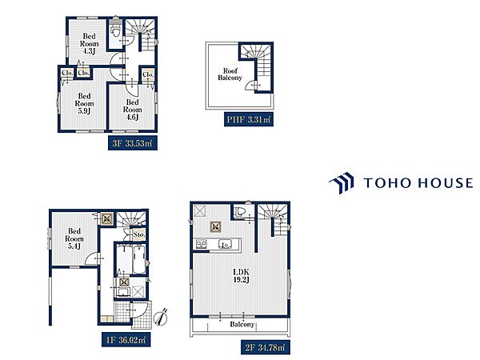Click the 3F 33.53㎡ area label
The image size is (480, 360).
pos(133,143)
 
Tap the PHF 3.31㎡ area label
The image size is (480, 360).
pos(248,119)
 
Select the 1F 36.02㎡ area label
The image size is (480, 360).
pos(126,339)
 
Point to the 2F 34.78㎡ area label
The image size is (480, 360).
pos(266,347)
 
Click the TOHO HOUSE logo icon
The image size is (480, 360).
pos(342,182)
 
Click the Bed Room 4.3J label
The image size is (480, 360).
pos(89,44)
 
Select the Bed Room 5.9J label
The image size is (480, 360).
pos(84,103)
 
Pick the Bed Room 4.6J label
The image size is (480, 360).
pos(133,110)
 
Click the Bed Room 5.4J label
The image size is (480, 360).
pos(74,238)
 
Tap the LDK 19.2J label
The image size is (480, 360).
pos(242,275)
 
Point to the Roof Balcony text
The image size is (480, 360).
pos(230,74)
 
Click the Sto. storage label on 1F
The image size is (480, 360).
pos(139,234)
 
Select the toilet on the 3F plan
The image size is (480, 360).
pos(116,30)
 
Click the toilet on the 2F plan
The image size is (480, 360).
pos(240,211)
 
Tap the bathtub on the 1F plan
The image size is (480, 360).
pos(139,259)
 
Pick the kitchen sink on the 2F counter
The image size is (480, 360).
pos(226,244)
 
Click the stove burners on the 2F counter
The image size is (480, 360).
pos(201,244)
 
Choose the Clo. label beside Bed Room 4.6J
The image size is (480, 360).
pos(148,74)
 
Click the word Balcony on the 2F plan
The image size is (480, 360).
pos(242,324)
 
